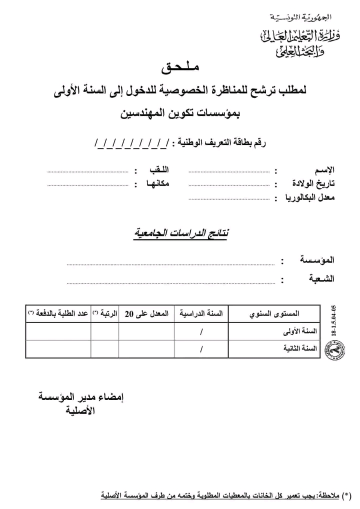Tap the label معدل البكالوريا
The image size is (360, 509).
point(310,197)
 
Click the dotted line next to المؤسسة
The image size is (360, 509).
point(170,263)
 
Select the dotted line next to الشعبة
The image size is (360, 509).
point(170,283)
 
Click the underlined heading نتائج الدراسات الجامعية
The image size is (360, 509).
point(180,233)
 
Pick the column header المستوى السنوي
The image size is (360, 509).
point(274,313)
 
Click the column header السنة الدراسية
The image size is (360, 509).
point(201,313)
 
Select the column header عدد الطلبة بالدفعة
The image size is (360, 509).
point(58,313)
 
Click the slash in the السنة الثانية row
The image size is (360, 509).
point(201,349)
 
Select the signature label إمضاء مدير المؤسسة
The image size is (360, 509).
point(81,397)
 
